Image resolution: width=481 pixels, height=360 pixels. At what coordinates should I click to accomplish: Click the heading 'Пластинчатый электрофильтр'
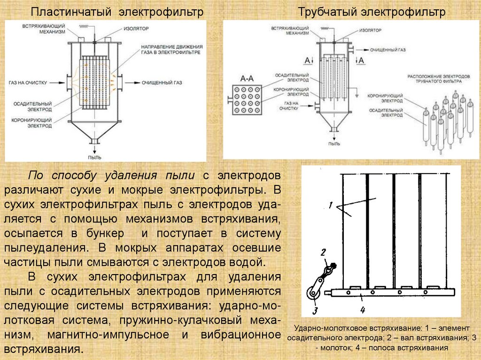tap(117, 12)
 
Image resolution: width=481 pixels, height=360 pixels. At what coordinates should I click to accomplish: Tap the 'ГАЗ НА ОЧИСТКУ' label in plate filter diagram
tap(28, 83)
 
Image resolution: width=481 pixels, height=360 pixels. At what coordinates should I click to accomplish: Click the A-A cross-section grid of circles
tap(248, 99)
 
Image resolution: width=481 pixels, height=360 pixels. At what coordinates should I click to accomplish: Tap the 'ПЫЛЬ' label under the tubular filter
tap(334, 144)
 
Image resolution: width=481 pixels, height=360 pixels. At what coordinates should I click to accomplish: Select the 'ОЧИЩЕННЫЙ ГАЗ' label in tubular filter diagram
tap(388, 49)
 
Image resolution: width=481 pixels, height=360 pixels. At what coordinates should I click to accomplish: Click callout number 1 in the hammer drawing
tap(331, 205)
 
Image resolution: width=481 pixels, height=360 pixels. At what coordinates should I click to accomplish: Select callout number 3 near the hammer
tap(315, 310)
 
